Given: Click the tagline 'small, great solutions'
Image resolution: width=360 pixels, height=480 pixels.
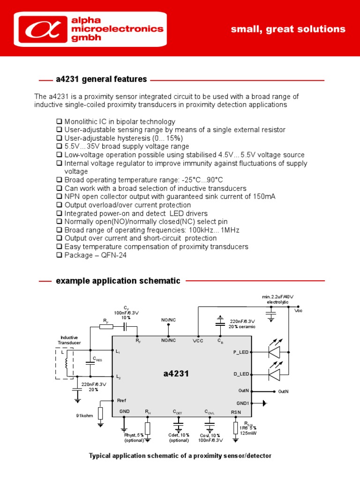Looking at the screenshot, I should coord(288,30).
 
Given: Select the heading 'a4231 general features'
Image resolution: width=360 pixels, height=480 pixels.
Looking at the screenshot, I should coord(101,79).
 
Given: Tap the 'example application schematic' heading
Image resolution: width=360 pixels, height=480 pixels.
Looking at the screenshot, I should coord(118,281).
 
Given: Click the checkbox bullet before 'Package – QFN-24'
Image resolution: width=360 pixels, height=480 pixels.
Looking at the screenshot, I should coord(59,255).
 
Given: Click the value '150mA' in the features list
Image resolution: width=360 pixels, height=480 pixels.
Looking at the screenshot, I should coord(264,196).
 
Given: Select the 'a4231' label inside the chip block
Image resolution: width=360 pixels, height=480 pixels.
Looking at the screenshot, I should coord(176,374).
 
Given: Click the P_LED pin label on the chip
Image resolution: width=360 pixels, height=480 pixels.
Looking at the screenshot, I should coord(240,352).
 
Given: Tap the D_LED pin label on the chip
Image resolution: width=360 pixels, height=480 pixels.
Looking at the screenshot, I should coord(240,374).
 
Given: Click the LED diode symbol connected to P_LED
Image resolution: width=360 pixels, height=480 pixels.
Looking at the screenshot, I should coord(274,352).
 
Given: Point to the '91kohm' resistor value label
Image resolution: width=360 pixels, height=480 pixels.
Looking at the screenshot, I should coord(85,415).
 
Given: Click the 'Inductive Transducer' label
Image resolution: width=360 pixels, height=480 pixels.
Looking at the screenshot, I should coord(69,340).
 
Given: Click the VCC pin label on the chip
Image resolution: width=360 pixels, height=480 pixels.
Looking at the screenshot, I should coord(198,340).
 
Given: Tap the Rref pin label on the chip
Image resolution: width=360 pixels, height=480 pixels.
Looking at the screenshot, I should coord(121,400).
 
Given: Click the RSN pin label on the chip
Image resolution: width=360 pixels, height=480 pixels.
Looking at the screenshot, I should coord(236,412).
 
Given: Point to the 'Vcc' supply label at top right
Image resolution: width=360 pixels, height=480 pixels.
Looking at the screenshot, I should coord(299,311).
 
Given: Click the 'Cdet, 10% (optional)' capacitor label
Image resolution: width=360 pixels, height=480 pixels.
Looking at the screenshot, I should coord(179,437).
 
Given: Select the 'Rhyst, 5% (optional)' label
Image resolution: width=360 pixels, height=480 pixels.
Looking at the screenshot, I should coord(135,437).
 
